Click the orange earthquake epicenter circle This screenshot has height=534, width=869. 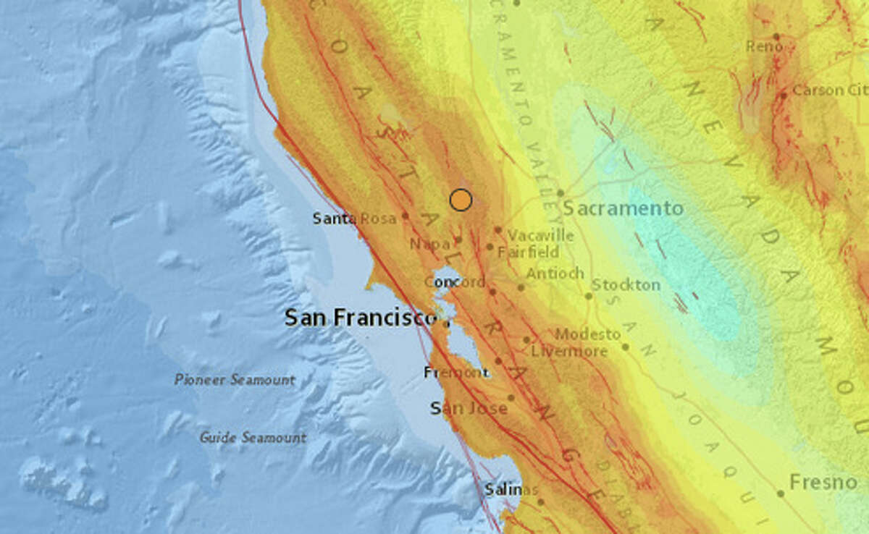[x=461, y=200]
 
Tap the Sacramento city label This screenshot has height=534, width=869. [x=623, y=209]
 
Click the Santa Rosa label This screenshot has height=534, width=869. [x=354, y=218]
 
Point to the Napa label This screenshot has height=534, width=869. [x=429, y=245]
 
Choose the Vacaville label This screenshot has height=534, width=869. [x=540, y=236]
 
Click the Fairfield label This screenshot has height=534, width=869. [x=529, y=253]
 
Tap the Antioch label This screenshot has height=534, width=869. [x=555, y=274]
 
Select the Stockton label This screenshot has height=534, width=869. [x=626, y=284]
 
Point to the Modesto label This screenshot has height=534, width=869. [x=588, y=334]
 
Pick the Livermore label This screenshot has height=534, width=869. [x=569, y=352]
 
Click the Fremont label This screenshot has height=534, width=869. [x=456, y=373]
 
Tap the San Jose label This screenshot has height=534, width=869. [x=469, y=409]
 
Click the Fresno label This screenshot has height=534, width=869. [x=824, y=483]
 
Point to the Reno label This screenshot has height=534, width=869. [x=764, y=46]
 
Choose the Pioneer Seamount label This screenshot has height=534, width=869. [x=235, y=380]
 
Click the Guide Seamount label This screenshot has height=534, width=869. [x=253, y=438]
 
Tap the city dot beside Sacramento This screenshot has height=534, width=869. [x=561, y=193]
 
